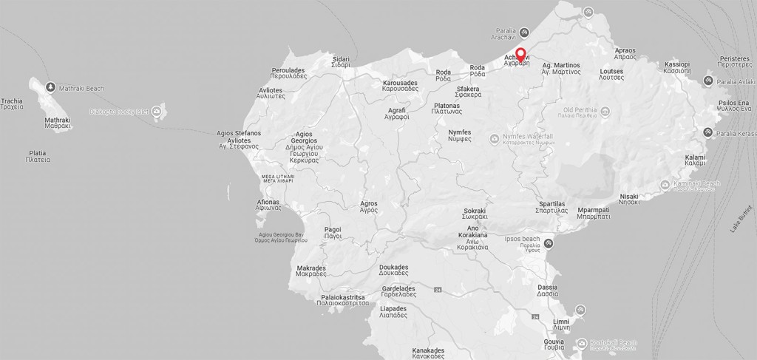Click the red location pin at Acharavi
[x=520, y=54]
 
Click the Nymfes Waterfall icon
[x=494, y=138]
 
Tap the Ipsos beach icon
[x=549, y=243]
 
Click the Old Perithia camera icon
[x=605, y=112]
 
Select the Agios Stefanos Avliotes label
[x=238, y=140]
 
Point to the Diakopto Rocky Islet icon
[x=156, y=112]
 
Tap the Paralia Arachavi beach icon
[x=523, y=33]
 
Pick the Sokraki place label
[x=475, y=214]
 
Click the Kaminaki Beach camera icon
[x=665, y=183]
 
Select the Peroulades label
[x=288, y=73]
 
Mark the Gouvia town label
[x=554, y=345]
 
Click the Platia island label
[x=38, y=156]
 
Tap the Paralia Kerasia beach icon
[x=707, y=132]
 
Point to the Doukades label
[x=393, y=271]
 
